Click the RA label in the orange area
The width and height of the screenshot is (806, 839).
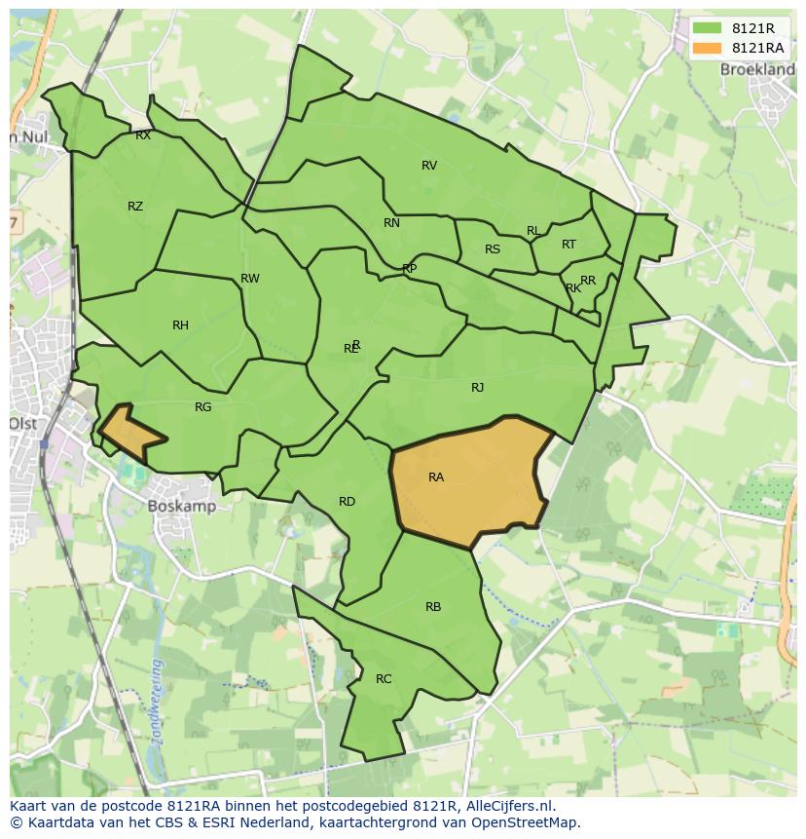click(436, 477)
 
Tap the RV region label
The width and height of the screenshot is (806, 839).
click(429, 165)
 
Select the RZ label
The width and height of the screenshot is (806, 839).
click(135, 206)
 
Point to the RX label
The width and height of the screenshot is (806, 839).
click(143, 135)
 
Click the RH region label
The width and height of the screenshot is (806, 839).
click(180, 324)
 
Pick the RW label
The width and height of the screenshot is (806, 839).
click(250, 278)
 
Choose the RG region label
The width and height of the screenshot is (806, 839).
click(202, 406)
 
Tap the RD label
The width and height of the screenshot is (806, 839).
click(347, 501)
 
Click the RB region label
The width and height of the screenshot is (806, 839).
click(433, 606)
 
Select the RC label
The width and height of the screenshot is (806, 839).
click(384, 678)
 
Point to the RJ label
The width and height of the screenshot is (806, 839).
click(477, 387)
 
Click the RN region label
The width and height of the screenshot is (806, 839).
click(391, 222)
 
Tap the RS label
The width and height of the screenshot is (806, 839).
click(493, 248)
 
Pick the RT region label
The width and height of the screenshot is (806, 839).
click(568, 244)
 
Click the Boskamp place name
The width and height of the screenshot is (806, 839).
click(182, 506)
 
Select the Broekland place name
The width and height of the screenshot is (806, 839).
click(757, 69)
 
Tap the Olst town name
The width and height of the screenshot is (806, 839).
click(22, 423)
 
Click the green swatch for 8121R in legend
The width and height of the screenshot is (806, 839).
click(708, 29)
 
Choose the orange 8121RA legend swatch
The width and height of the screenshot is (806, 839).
click(708, 48)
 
